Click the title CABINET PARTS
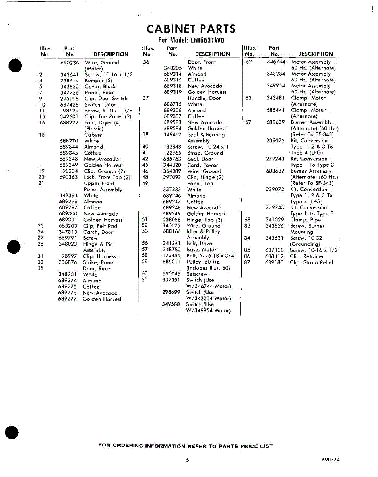click(x=191, y=29)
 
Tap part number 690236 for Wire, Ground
click(x=70, y=63)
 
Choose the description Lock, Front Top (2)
click(x=107, y=177)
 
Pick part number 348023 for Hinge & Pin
click(x=68, y=244)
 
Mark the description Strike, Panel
click(x=99, y=262)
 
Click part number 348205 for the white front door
click(x=173, y=68)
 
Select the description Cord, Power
click(x=203, y=165)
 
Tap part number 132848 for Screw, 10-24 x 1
click(x=173, y=147)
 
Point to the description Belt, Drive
click(x=200, y=243)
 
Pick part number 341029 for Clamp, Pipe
click(x=275, y=219)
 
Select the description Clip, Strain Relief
click(x=312, y=262)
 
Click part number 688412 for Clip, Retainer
click(x=275, y=256)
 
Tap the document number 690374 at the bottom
click(x=331, y=460)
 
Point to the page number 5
click(x=187, y=460)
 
